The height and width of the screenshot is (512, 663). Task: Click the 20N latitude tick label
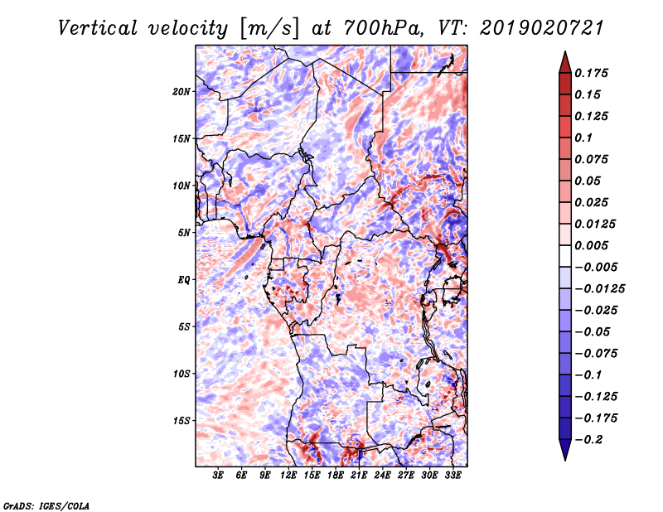click(181, 92)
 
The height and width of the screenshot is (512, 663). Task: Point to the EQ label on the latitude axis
click(183, 280)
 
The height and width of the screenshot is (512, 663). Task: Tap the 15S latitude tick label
click(181, 421)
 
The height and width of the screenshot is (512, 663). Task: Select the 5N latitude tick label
click(184, 233)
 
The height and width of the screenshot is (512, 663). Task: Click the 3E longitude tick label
click(218, 476)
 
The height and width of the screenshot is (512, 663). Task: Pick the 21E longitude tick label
click(359, 476)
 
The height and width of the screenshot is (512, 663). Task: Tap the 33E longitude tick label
click(452, 476)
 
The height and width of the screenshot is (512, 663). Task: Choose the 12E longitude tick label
click(288, 476)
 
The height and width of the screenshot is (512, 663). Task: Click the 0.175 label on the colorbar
click(591, 73)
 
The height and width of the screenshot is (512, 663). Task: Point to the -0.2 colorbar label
click(588, 440)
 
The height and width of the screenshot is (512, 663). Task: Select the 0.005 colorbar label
click(591, 245)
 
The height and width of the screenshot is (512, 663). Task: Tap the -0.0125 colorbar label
click(599, 289)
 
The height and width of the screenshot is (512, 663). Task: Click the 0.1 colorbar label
click(583, 138)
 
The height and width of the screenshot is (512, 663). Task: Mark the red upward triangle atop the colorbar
click(565, 62)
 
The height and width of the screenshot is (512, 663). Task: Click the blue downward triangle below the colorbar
click(565, 450)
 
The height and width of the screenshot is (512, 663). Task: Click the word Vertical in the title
click(98, 28)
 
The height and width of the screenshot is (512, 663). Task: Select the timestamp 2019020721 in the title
click(541, 28)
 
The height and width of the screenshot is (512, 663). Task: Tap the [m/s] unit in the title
click(269, 29)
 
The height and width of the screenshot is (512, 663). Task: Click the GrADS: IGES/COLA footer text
click(46, 506)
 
